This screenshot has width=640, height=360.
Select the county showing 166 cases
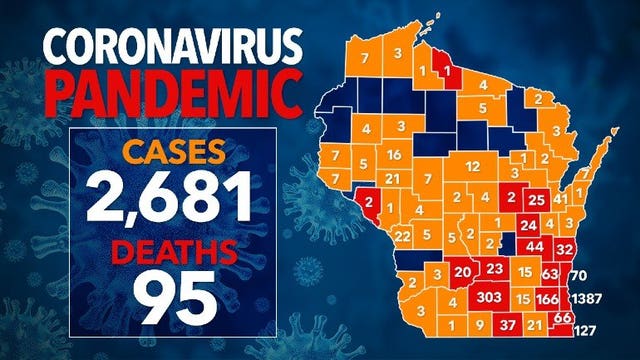547,299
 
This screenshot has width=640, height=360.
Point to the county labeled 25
536,199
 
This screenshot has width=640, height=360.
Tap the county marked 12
473,165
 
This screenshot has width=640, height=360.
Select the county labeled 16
394,155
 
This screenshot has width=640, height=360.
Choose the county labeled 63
549,272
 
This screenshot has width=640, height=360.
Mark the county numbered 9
480,325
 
